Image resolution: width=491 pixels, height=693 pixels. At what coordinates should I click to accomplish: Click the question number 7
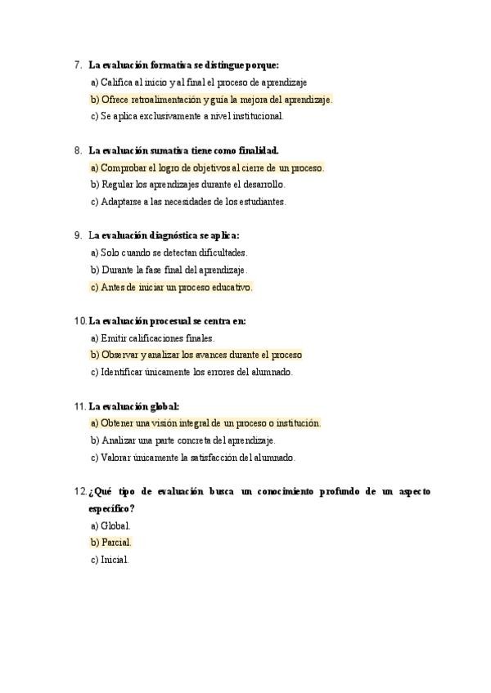(x=77, y=65)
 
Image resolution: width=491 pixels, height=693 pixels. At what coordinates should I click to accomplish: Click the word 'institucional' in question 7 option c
(x=253, y=116)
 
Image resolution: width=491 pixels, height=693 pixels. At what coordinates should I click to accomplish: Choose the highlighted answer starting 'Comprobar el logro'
(x=207, y=168)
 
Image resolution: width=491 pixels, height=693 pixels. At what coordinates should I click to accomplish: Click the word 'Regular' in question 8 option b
(x=116, y=185)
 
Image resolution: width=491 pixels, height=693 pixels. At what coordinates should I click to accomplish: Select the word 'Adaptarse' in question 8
(x=120, y=202)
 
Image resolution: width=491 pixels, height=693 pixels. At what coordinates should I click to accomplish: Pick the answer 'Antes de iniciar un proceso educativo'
(x=172, y=288)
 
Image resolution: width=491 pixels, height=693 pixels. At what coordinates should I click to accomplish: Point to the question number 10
(x=79, y=321)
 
